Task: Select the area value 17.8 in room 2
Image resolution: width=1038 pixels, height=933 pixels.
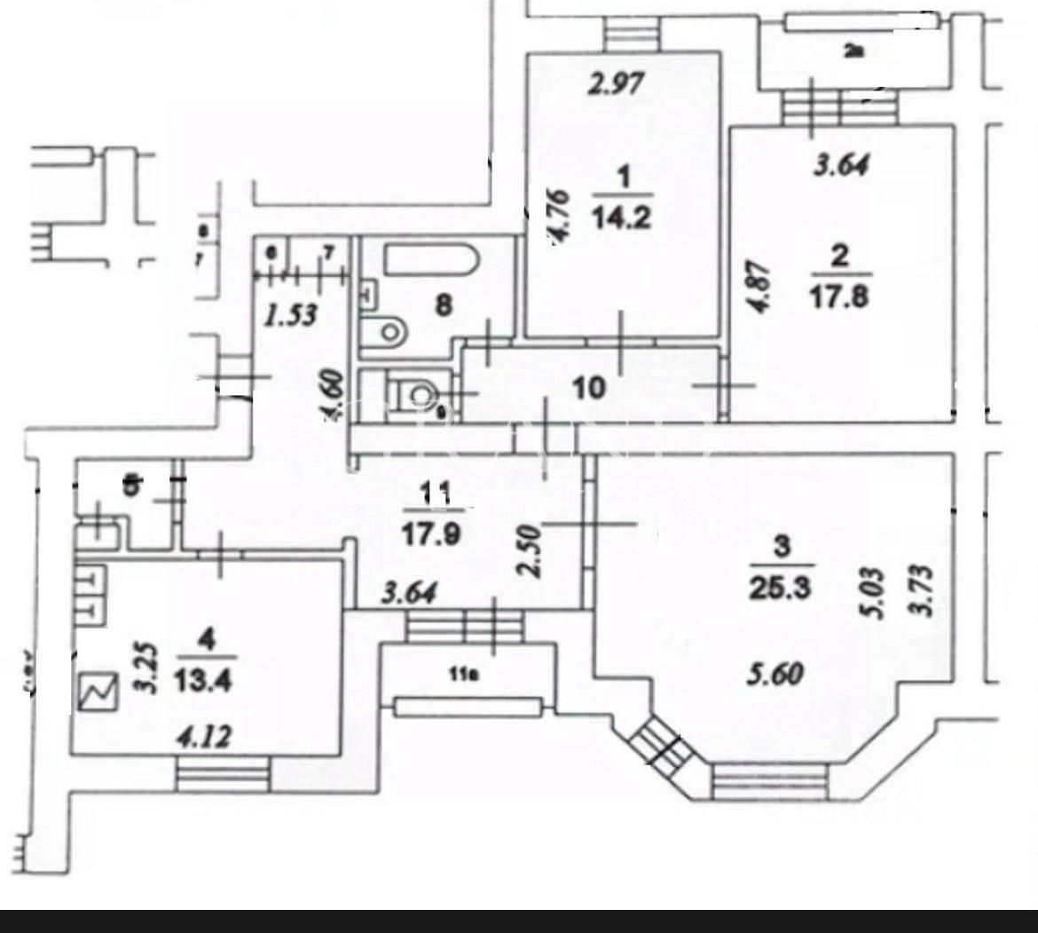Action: point(839,295)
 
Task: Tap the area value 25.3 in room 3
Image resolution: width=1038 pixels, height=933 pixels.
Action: point(781,584)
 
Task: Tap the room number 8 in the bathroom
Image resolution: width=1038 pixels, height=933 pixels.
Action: point(443,305)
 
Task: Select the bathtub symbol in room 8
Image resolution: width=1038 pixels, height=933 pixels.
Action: point(431,260)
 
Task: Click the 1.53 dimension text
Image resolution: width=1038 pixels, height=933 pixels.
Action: point(292,314)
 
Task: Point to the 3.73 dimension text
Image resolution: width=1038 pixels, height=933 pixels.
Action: point(924,589)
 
